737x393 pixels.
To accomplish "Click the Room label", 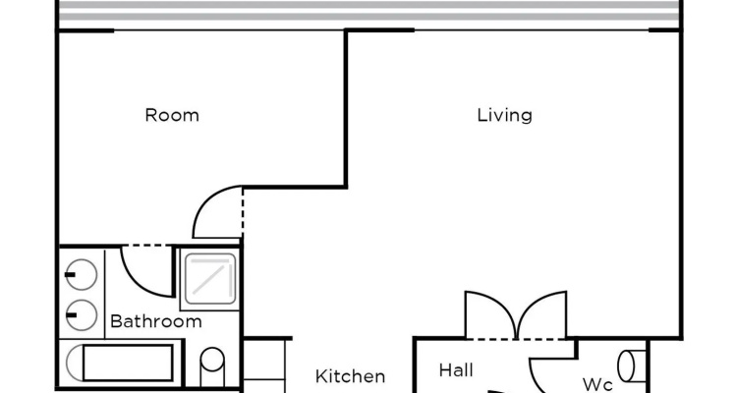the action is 172,115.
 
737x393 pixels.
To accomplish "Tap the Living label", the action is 504,115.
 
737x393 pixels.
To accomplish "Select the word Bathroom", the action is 156,321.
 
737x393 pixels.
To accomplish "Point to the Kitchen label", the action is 350,376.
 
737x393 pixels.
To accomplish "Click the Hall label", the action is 456,370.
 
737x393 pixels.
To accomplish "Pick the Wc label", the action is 596,384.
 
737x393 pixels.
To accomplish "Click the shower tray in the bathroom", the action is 210,279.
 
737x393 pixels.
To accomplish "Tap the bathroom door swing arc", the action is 137,283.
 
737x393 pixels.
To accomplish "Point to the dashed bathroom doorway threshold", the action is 147,246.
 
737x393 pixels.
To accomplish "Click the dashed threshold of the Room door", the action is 243,212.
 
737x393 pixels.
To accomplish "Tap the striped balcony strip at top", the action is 369,11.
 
